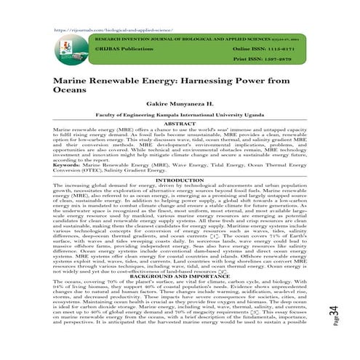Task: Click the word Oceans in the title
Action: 73,92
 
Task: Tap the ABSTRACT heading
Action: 180,125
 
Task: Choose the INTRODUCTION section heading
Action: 180,179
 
